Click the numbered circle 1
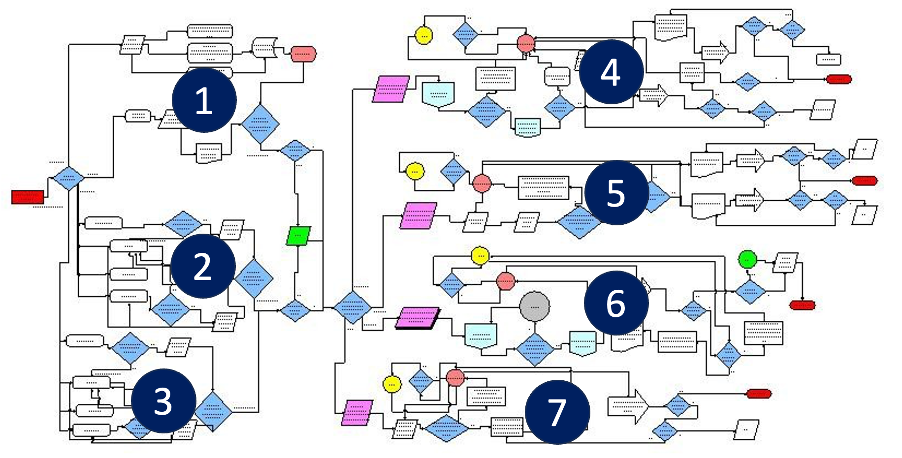click(204, 100)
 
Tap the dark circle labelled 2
click(202, 266)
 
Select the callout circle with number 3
click(163, 401)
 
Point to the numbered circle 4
click(611, 72)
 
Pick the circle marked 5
click(616, 192)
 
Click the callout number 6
click(616, 303)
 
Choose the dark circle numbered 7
click(557, 412)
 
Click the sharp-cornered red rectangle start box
click(28, 197)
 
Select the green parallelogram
click(298, 236)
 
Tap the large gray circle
click(534, 306)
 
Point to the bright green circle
click(747, 259)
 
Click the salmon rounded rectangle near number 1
click(303, 54)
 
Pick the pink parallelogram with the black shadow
click(417, 318)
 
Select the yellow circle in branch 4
click(423, 35)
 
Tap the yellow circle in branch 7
click(392, 384)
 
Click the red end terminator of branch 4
click(838, 79)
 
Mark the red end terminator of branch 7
click(759, 394)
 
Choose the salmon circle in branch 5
click(482, 183)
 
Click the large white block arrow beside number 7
click(628, 406)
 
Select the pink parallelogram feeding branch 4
click(391, 89)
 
